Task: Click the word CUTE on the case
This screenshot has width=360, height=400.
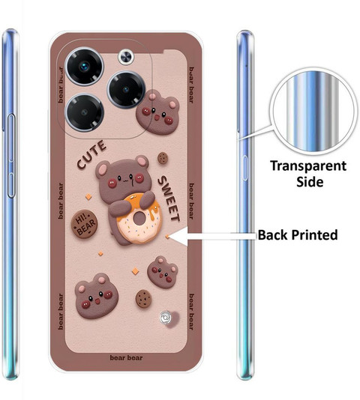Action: pos(91,154)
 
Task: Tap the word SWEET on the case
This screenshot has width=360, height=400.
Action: pos(169,199)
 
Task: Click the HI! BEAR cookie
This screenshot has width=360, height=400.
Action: pos(84,224)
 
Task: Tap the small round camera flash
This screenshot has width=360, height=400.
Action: pos(126,57)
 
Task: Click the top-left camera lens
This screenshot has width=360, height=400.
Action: pos(84,67)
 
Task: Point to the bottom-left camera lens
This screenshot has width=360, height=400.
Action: pos(85,112)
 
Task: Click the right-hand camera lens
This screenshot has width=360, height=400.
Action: pos(126,90)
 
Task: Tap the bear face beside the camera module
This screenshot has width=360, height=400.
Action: pos(157,112)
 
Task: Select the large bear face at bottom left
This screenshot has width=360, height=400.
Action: pos(96,296)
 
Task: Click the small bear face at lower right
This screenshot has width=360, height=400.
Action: pos(163,272)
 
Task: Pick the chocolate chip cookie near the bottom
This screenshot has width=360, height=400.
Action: pos(143,299)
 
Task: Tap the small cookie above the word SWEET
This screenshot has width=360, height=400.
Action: pos(163,158)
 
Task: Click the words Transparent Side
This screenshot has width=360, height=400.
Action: pos(309,174)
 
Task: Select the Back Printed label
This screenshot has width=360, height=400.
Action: pos(298,235)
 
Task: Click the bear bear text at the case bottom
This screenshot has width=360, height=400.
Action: pos(126,357)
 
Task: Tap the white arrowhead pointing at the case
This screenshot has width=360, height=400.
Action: pos(178,237)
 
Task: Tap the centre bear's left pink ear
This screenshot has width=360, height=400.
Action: pos(103,169)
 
